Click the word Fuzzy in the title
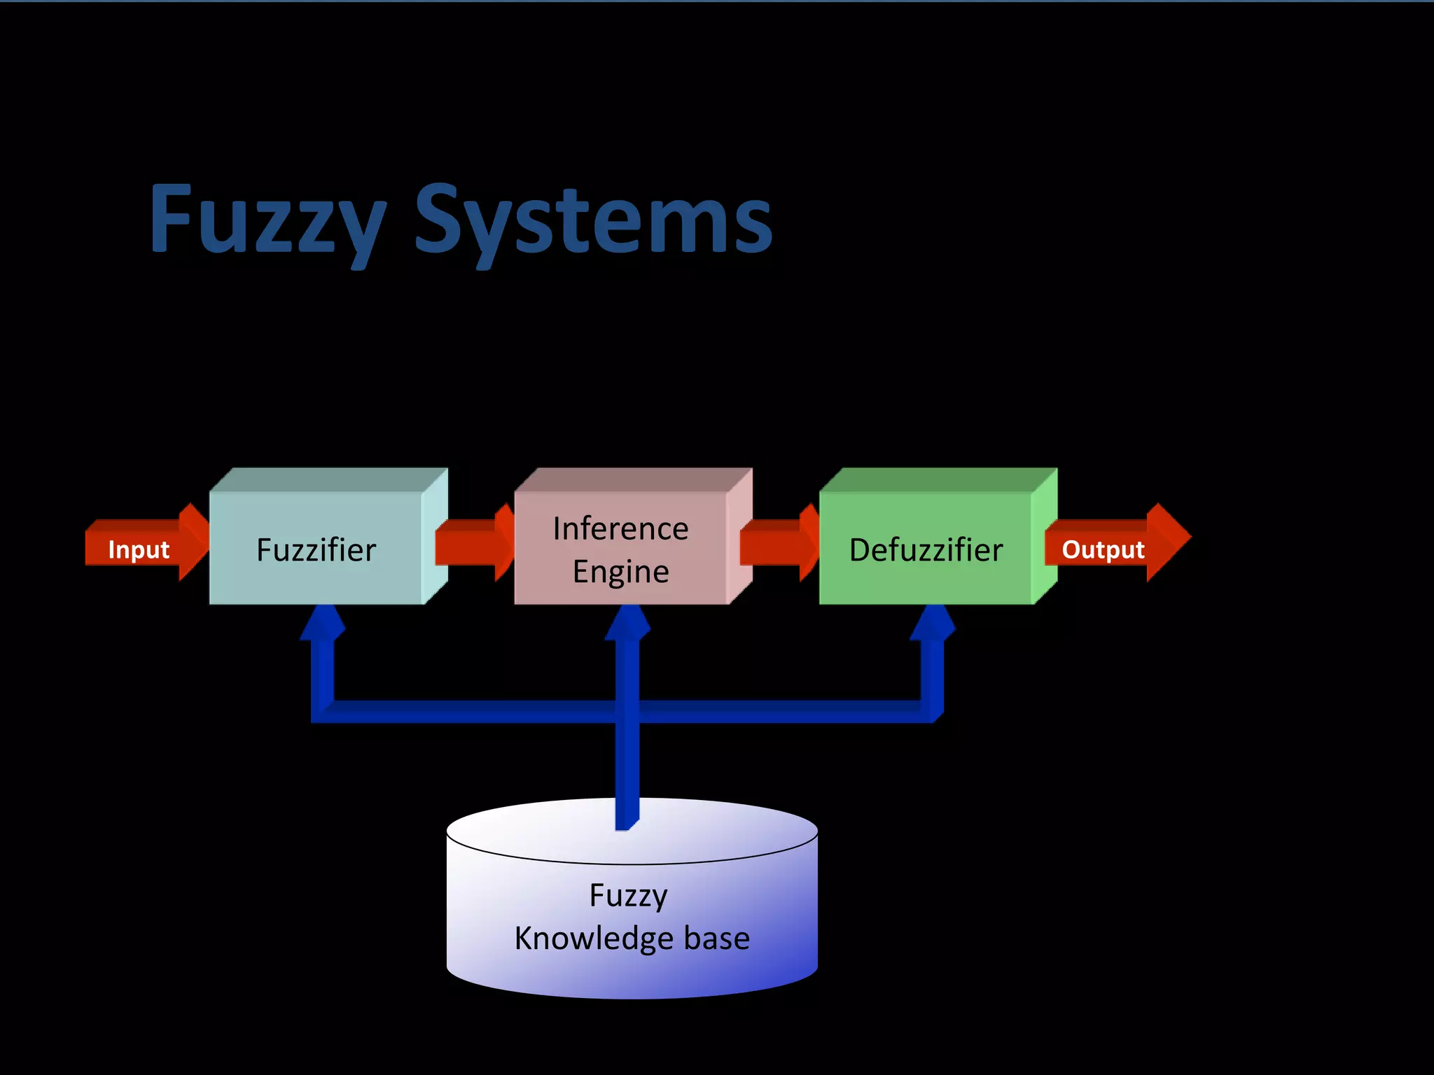pyautogui.click(x=267, y=220)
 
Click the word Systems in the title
pyautogui.click(x=594, y=220)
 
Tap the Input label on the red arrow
pyautogui.click(x=139, y=550)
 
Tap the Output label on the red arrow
pyautogui.click(x=1103, y=550)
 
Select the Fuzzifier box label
pyautogui.click(x=316, y=550)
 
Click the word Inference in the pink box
pyautogui.click(x=620, y=528)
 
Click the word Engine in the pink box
pyautogui.click(x=620, y=572)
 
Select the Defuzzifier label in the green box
pyautogui.click(x=926, y=550)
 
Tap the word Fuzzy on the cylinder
pyautogui.click(x=628, y=896)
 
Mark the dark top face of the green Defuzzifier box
pyautogui.click(x=938, y=480)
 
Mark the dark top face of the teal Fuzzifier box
pyautogui.click(x=328, y=480)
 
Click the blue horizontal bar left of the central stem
pyautogui.click(x=469, y=712)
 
